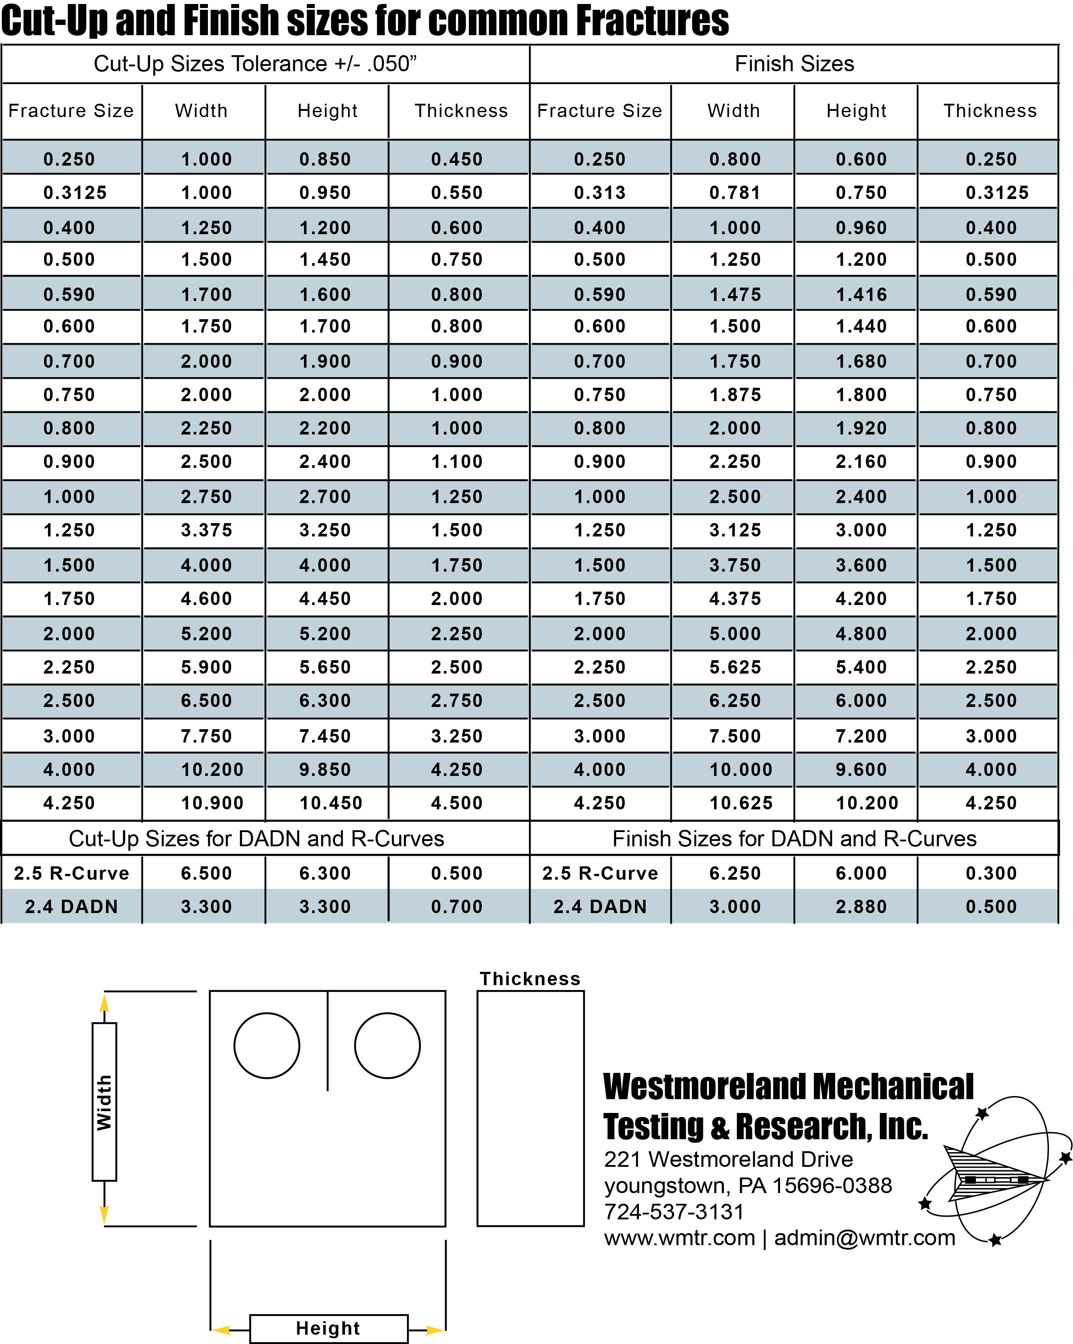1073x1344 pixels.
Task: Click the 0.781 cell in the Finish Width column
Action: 735,193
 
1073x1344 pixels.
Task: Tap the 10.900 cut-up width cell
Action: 212,803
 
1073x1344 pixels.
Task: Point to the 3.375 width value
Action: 207,531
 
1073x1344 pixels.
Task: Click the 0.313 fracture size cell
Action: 599,193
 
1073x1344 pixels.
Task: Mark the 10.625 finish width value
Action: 741,803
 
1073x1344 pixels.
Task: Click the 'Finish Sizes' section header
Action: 794,64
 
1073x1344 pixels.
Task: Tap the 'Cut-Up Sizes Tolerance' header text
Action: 255,64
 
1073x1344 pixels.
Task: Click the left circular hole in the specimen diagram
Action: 267,1045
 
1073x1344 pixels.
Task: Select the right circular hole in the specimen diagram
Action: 387,1045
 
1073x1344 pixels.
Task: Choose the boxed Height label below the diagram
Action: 328,1328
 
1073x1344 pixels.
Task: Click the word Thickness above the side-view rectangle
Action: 530,979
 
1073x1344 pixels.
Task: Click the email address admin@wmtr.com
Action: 864,1238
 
